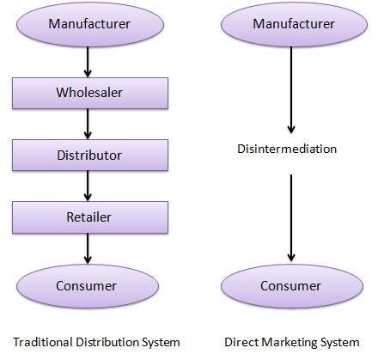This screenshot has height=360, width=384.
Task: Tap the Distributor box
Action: pos(88,156)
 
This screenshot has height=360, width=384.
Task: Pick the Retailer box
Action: pos(88,217)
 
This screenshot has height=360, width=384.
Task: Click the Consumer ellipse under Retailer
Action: pos(88,284)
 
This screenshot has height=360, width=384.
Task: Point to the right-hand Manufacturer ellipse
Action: pos(291,24)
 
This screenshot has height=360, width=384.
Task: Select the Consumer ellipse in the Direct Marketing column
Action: pos(291,285)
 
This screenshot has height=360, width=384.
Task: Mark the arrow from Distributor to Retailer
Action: pos(88,186)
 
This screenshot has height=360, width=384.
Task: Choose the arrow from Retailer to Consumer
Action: pos(88,248)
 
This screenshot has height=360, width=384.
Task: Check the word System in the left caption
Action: pos(161,342)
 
